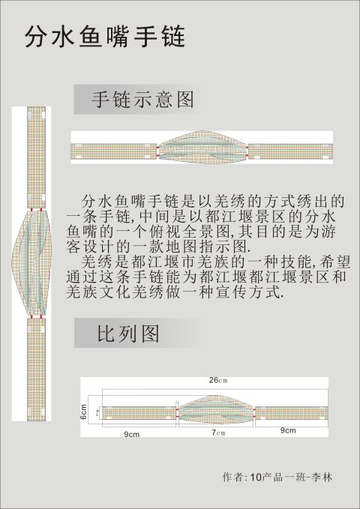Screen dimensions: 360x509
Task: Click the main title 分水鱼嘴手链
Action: [105, 37]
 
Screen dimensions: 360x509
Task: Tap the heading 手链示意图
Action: [143, 100]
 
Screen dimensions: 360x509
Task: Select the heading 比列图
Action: [128, 333]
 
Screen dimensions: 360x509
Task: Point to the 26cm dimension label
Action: [218, 380]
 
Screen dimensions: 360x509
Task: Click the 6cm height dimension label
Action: [84, 412]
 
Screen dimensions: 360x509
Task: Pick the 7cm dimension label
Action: [218, 433]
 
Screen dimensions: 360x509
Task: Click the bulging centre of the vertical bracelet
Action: [31, 262]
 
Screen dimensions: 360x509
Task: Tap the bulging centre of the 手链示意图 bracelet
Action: [202, 147]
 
